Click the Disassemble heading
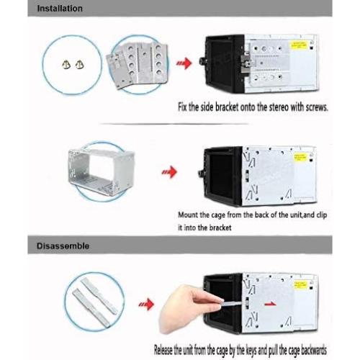tap(63, 246)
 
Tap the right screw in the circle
tap(77, 66)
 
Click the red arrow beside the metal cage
tap(168, 172)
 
